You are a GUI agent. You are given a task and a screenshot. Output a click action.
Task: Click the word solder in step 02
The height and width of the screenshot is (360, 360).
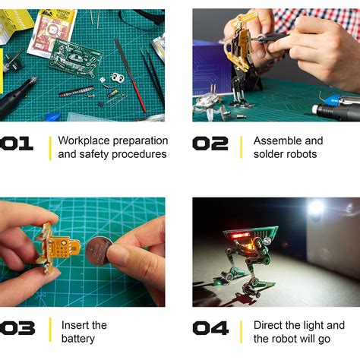(269, 155)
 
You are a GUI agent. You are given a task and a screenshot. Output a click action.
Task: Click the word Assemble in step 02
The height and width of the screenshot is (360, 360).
(277, 141)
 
